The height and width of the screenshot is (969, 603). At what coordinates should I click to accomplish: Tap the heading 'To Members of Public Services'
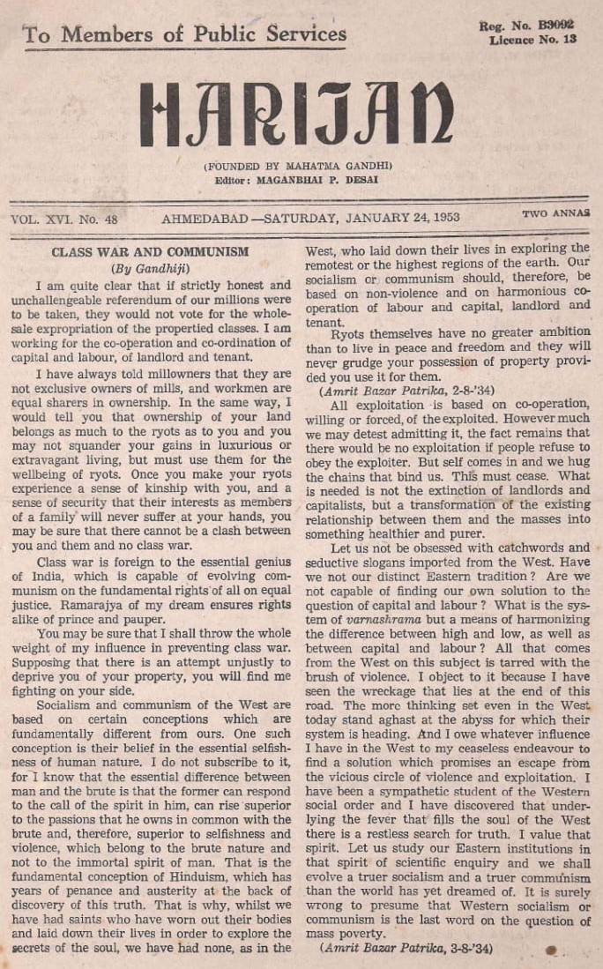click(x=184, y=34)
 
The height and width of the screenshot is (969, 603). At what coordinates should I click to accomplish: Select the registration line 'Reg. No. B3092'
click(x=527, y=26)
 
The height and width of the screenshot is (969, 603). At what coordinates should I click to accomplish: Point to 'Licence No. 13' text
click(x=532, y=40)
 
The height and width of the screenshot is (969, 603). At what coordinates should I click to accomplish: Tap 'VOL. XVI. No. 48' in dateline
click(x=64, y=216)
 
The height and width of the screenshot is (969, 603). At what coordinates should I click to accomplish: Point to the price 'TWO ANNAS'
click(x=555, y=214)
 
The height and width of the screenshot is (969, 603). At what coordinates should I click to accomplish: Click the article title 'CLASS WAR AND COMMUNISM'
click(x=150, y=251)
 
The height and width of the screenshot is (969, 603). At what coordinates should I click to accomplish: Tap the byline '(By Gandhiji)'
click(x=150, y=268)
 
